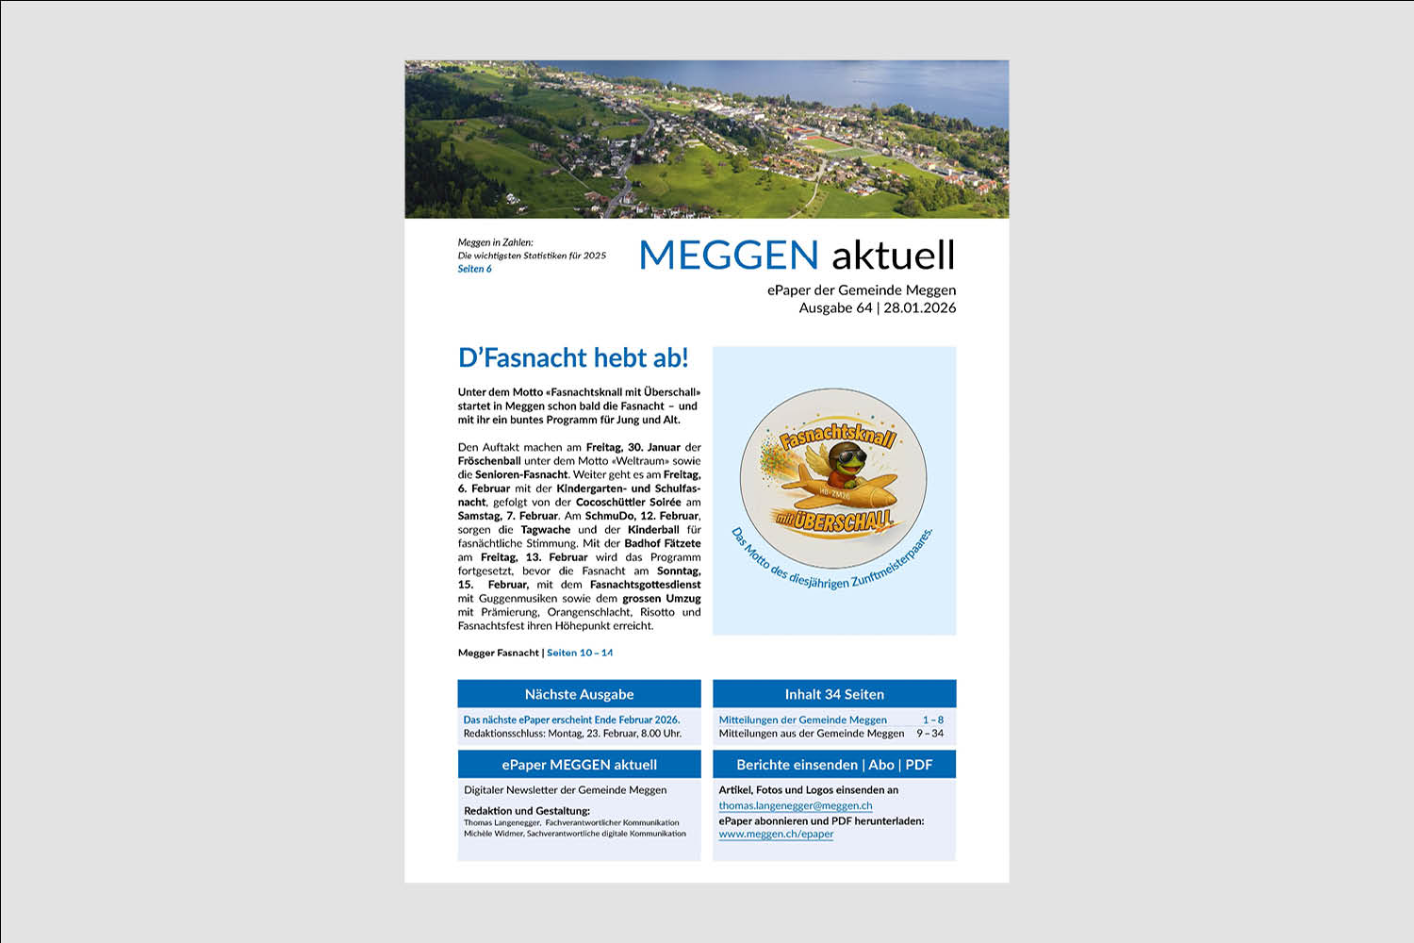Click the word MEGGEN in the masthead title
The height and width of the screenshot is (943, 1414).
coord(729,256)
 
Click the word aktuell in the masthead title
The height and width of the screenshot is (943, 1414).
coord(893,256)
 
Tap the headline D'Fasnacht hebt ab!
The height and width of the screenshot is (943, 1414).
coord(573,358)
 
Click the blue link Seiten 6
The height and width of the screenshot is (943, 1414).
coord(475,270)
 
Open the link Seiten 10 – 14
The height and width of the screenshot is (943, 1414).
coord(580,653)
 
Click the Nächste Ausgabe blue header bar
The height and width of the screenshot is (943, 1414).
coord(579,694)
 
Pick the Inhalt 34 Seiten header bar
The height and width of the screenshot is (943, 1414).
coord(834,694)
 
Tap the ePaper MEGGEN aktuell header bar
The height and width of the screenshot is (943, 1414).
coord(579,765)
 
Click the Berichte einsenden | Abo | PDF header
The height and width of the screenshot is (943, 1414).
coord(834,765)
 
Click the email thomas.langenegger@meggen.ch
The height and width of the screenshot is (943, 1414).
coord(795,806)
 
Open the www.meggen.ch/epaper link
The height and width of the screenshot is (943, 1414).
coord(776,834)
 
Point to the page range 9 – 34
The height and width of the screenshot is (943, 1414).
coord(929,734)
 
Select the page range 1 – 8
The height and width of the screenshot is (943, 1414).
coord(932,720)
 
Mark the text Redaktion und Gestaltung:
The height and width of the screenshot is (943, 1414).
coord(527,811)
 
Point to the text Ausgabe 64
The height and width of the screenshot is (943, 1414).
coord(835,308)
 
